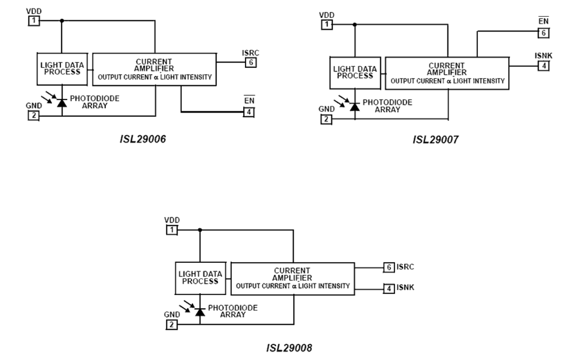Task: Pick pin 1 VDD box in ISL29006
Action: click(33, 20)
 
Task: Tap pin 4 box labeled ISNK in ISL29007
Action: click(543, 66)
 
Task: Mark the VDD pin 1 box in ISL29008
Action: click(172, 230)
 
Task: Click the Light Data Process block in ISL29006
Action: click(61, 68)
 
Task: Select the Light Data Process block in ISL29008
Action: click(201, 278)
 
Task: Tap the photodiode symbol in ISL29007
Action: click(353, 106)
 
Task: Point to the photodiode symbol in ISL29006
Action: click(61, 102)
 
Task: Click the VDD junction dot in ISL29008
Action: click(200, 230)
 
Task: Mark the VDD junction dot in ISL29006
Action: click(61, 20)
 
